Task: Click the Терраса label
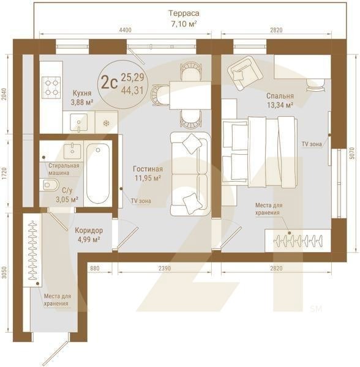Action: pyautogui.click(x=184, y=13)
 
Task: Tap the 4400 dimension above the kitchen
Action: pyautogui.click(x=126, y=30)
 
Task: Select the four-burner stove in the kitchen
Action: pyautogui.click(x=51, y=87)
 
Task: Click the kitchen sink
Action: pyautogui.click(x=79, y=123)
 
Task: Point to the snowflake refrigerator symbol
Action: pyautogui.click(x=107, y=123)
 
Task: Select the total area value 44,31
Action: pyautogui.click(x=132, y=91)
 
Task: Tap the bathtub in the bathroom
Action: pyautogui.click(x=98, y=174)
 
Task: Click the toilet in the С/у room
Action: pyautogui.click(x=49, y=185)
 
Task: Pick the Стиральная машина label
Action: pyautogui.click(x=64, y=169)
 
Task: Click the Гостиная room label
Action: pyautogui.click(x=148, y=169)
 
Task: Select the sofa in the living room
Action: pyautogui.click(x=190, y=174)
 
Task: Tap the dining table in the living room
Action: pyautogui.click(x=190, y=95)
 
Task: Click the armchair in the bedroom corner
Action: pyautogui.click(x=244, y=73)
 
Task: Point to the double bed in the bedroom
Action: pyautogui.click(x=260, y=152)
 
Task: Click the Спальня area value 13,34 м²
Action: pyautogui.click(x=280, y=105)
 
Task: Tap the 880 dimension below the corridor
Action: pyautogui.click(x=95, y=269)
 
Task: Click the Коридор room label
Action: pyautogui.click(x=89, y=231)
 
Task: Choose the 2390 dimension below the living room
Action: pyautogui.click(x=165, y=269)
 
